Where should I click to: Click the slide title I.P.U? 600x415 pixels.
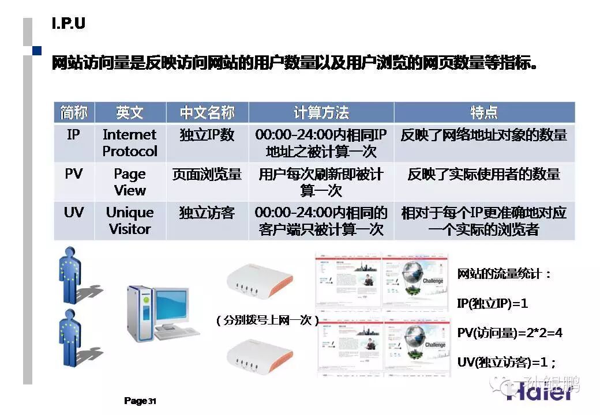click(x=69, y=24)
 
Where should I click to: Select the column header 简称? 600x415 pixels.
click(x=74, y=112)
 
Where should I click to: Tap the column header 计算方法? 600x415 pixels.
click(x=321, y=112)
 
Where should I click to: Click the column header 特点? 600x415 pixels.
click(x=483, y=112)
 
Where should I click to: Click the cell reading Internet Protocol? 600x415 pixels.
click(x=130, y=143)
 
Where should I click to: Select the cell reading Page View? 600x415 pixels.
click(x=130, y=182)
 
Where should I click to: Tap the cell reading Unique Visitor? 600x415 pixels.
click(x=130, y=220)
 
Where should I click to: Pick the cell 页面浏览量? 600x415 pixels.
click(x=207, y=174)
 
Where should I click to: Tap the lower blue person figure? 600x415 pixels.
click(x=70, y=337)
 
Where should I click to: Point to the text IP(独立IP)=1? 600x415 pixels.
click(x=492, y=303)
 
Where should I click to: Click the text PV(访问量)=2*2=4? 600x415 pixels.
click(x=509, y=333)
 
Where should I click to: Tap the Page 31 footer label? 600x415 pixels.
click(x=140, y=401)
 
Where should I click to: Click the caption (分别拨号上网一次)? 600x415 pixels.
click(x=267, y=320)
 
